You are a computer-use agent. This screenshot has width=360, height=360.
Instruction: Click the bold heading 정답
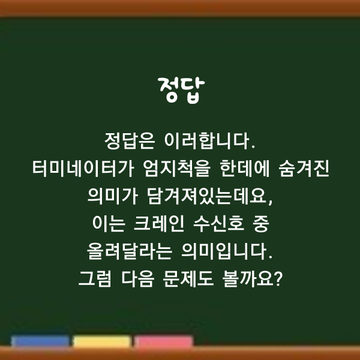click(x=181, y=91)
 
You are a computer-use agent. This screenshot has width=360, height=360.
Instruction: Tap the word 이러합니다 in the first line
click(x=210, y=141)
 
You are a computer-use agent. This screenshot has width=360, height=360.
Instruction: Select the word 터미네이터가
click(x=83, y=169)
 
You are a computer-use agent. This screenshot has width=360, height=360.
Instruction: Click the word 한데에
click(x=245, y=169)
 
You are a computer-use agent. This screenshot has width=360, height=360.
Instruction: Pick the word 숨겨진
click(x=304, y=169)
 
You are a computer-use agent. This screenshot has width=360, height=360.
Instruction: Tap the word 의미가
click(x=113, y=196)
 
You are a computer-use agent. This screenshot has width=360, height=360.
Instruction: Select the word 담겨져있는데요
click(x=210, y=196)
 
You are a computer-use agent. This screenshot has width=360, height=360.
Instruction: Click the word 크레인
click(x=159, y=224)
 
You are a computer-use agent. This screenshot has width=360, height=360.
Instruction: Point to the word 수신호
click(x=218, y=224)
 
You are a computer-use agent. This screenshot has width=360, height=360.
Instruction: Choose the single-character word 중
click(x=260, y=224)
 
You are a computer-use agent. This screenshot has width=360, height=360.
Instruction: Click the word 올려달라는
click(x=130, y=251)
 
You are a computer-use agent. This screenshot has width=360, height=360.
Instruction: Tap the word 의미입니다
click(x=227, y=251)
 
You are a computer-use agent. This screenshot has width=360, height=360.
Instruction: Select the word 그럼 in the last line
click(x=95, y=279)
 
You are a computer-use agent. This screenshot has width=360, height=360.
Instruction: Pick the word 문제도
click(x=188, y=279)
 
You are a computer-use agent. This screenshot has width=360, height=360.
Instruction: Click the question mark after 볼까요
click(x=278, y=278)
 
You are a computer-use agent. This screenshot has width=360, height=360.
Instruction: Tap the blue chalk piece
click(x=40, y=341)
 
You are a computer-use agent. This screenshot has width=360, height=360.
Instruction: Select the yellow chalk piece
click(x=102, y=341)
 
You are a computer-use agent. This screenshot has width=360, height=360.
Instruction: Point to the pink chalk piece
click(x=164, y=341)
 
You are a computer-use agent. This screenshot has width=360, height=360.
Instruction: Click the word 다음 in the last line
click(x=137, y=279)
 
